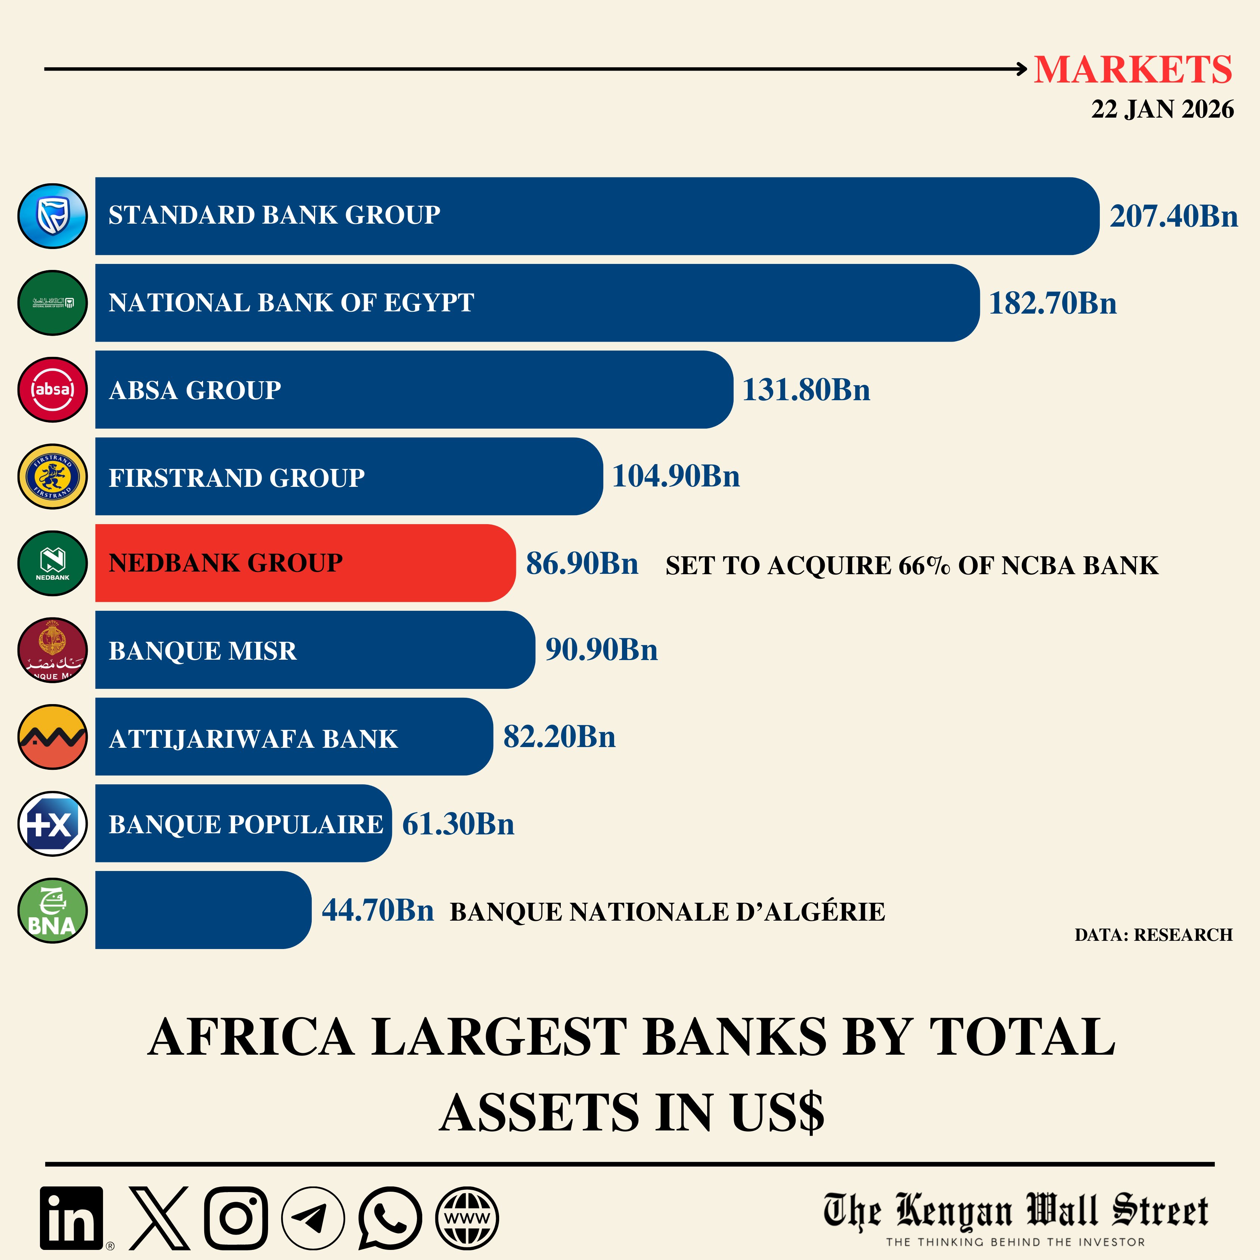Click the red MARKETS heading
pos(1133,70)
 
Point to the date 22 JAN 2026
pos(1162,109)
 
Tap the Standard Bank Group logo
pos(52,216)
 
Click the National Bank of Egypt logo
pos(52,303)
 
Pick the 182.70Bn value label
pos(1052,303)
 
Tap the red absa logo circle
pos(52,389)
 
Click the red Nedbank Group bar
pos(305,563)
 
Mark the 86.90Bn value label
pos(582,563)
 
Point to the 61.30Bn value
pos(458,824)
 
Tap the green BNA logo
pos(52,911)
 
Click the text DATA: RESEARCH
pos(1153,934)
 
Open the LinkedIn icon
pos(72,1217)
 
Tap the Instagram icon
pos(236,1217)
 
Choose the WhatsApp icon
pos(390,1217)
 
